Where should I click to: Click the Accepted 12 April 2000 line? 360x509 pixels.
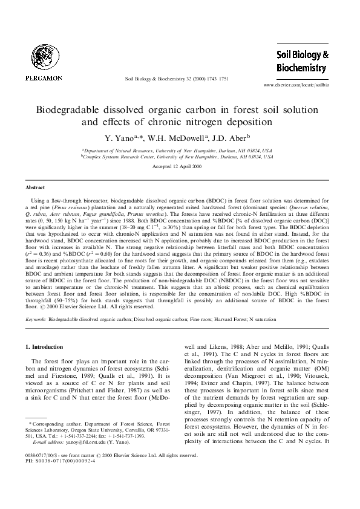[x=180, y=166]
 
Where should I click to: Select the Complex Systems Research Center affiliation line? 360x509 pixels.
[x=178, y=155]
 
